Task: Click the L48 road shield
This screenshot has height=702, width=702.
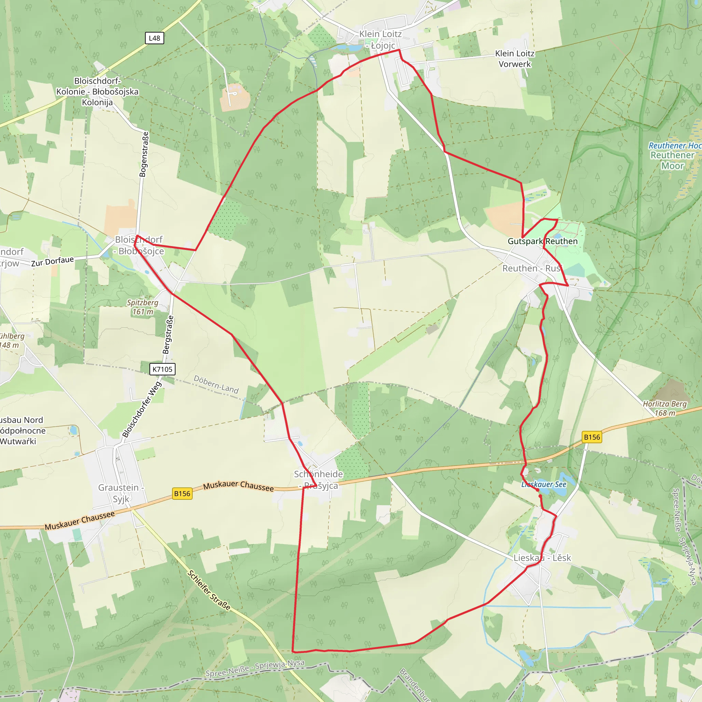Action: [x=155, y=38]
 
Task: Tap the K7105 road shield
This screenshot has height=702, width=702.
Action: [x=162, y=369]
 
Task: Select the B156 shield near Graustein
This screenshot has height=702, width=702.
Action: [x=182, y=494]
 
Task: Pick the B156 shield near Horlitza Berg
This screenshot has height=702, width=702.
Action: [x=592, y=437]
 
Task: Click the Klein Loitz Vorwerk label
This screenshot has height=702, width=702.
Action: [x=515, y=59]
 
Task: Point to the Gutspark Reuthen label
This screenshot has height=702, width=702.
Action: [x=543, y=241]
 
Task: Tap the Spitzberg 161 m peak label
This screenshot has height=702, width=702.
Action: [x=143, y=307]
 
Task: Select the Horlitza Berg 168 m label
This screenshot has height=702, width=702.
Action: [x=665, y=408]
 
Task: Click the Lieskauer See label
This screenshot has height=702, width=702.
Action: [x=544, y=484]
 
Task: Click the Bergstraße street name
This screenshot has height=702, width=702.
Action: [x=168, y=335]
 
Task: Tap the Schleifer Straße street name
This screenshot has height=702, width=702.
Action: [x=209, y=591]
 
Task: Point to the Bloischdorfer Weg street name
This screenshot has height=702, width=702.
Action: [x=142, y=410]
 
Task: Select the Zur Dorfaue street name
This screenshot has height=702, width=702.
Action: [x=52, y=261]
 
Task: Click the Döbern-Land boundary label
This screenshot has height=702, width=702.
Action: [x=216, y=385]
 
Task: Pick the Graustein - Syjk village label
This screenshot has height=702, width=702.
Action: [x=121, y=493]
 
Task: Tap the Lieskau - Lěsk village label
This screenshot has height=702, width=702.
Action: [x=542, y=558]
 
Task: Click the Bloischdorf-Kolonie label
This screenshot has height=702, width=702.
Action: [x=97, y=91]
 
